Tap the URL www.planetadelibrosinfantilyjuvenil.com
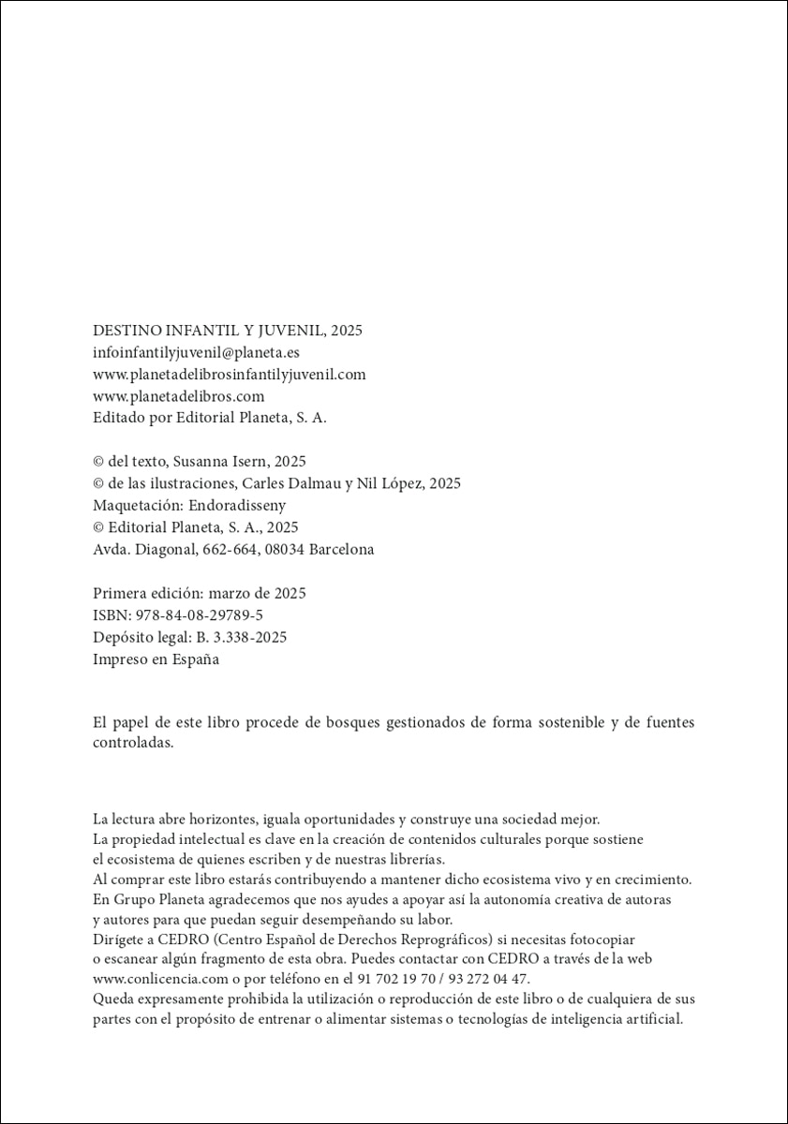230,375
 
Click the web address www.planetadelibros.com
179,396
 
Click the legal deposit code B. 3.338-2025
241,637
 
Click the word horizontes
217,818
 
